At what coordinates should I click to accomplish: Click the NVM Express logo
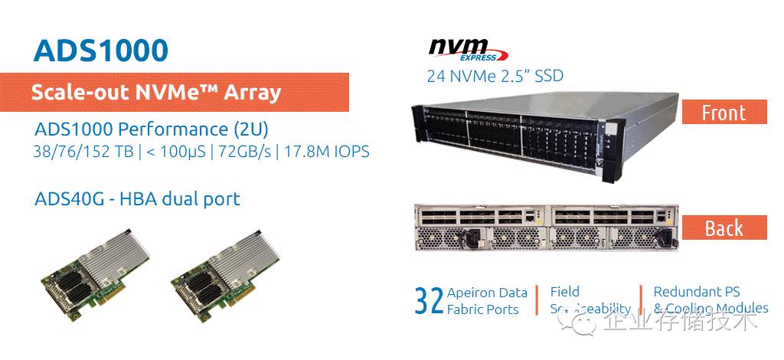pyautogui.click(x=466, y=48)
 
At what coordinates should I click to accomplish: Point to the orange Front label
pyautogui.click(x=724, y=113)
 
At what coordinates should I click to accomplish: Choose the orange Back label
pyautogui.click(x=724, y=227)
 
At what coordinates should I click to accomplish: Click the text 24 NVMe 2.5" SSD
pyautogui.click(x=495, y=76)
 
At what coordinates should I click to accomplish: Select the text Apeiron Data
pyautogui.click(x=487, y=293)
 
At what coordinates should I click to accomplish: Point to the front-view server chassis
pyautogui.click(x=544, y=128)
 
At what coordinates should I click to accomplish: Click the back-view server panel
pyautogui.click(x=545, y=227)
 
